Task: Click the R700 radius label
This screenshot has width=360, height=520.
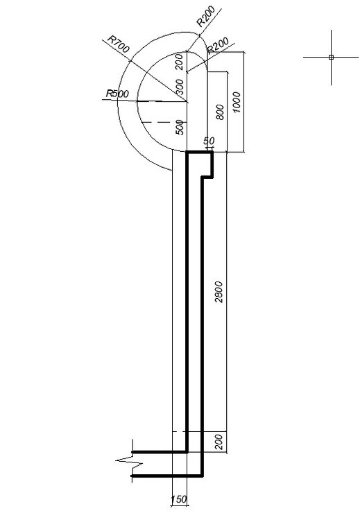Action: (119, 44)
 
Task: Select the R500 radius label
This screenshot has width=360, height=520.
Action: (117, 94)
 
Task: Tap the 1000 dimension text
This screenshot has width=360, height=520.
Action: (237, 103)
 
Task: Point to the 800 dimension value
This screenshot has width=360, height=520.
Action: (220, 112)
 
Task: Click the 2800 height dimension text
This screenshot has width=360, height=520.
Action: (218, 292)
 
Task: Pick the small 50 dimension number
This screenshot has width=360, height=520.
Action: (209, 141)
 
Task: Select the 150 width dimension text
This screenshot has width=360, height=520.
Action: (179, 499)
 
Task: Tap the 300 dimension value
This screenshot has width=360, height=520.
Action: (180, 87)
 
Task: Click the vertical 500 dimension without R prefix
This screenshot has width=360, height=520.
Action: (180, 128)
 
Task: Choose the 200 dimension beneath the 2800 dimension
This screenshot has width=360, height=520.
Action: (219, 442)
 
